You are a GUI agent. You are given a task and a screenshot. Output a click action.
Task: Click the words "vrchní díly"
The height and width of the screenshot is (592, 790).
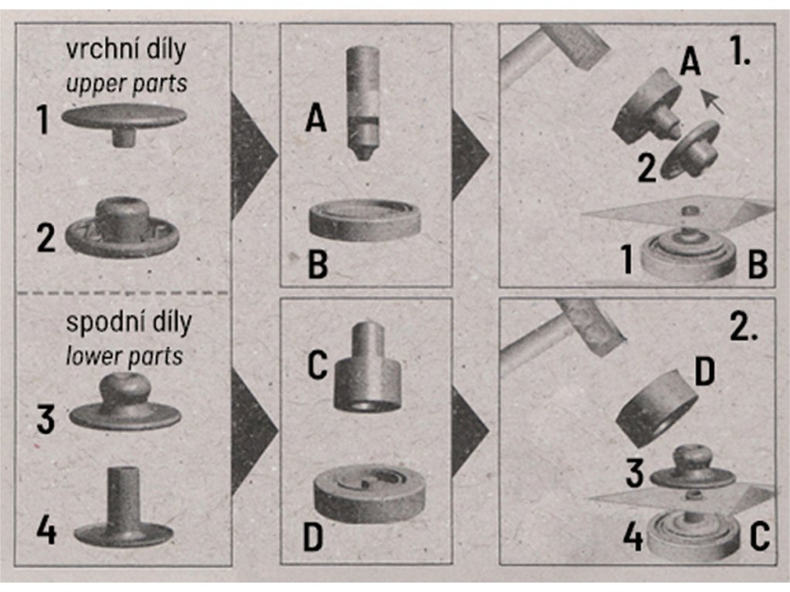tap(126, 50)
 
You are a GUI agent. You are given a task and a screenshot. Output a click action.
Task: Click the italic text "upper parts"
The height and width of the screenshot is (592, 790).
tap(127, 83)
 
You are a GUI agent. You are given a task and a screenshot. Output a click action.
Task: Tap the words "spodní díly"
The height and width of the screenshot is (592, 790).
tap(129, 323)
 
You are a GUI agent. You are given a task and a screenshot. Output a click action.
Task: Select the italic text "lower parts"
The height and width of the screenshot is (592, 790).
tap(124, 356)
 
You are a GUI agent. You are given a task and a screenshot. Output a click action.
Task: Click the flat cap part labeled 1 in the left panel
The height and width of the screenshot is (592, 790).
tap(124, 123)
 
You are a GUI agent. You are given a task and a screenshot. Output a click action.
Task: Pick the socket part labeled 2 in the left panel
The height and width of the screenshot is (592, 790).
tap(123, 228)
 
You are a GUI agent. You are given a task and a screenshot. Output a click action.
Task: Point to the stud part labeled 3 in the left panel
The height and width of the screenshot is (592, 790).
tap(125, 401)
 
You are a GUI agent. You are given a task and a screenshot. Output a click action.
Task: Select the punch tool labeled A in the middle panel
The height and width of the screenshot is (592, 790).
tap(363, 103)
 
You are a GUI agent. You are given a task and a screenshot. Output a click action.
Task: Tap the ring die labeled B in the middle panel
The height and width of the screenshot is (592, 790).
tap(364, 220)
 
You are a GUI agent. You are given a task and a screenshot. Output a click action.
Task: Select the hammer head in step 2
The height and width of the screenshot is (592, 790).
tap(592, 326)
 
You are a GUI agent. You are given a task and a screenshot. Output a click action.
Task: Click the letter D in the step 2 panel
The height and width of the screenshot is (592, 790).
tap(704, 372)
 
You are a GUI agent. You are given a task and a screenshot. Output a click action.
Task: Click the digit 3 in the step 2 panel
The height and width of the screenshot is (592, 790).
tap(634, 473)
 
